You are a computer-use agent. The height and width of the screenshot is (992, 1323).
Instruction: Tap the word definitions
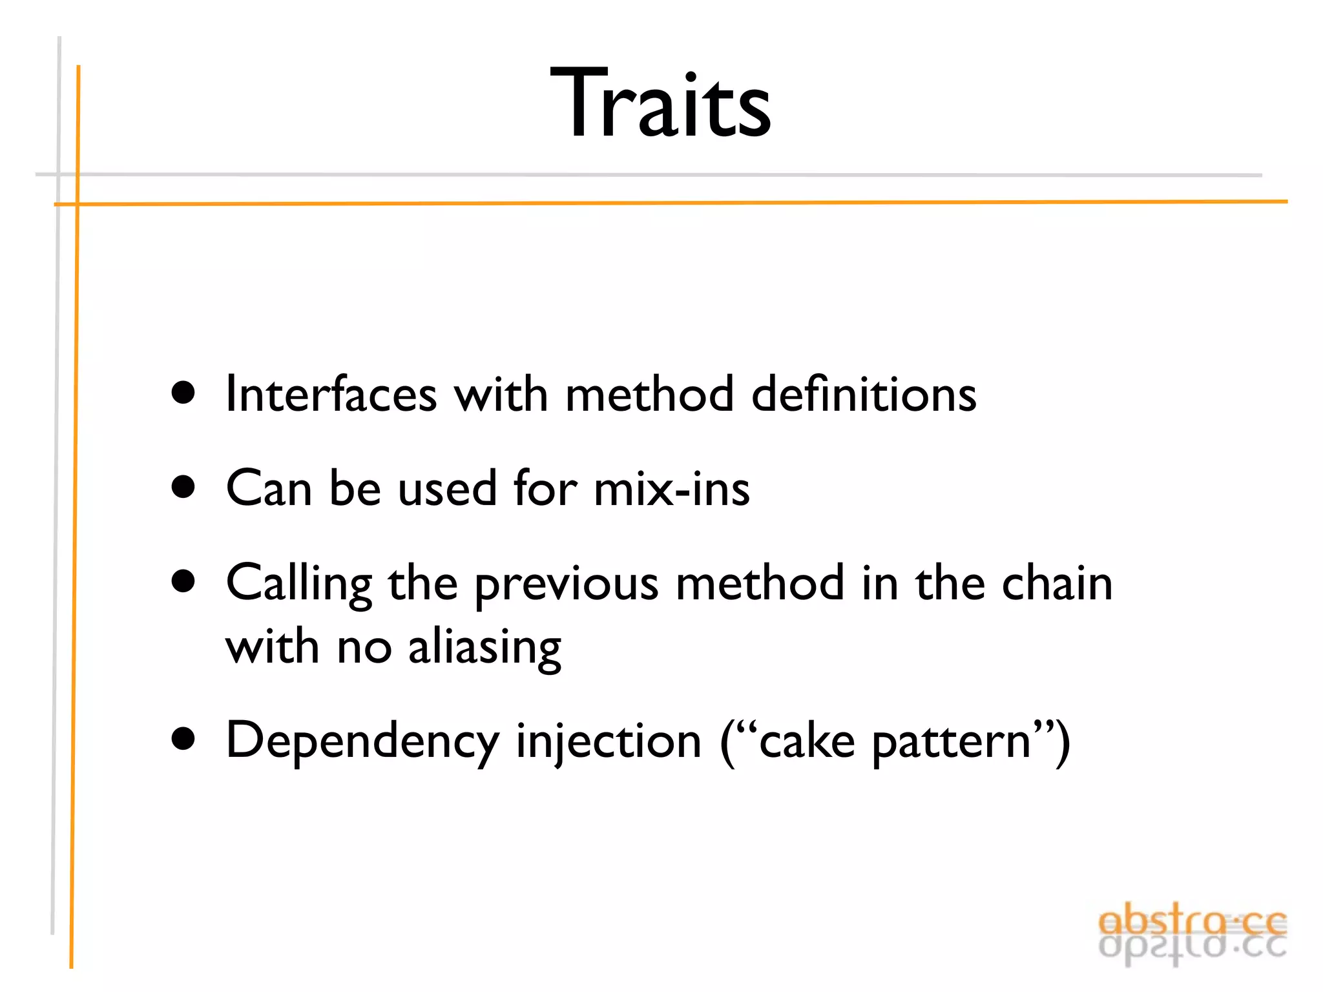click(864, 393)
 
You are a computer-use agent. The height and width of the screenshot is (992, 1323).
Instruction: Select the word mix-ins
click(672, 488)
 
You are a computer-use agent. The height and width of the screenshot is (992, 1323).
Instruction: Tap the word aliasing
click(484, 647)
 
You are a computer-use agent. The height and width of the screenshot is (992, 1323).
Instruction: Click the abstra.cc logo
click(1192, 933)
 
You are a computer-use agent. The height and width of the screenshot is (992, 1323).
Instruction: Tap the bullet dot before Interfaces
click(184, 393)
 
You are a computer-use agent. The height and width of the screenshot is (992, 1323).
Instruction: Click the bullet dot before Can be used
click(184, 487)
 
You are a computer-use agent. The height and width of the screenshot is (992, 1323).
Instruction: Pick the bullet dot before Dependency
click(184, 739)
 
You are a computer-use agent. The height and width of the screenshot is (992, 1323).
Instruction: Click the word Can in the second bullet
click(269, 488)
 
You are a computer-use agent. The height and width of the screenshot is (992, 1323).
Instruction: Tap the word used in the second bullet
click(446, 488)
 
